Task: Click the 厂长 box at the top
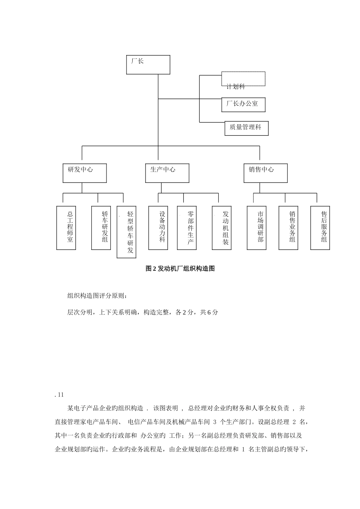click(148, 65)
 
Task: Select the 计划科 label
click(236, 87)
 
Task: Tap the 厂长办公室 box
click(243, 105)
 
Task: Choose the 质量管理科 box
click(246, 128)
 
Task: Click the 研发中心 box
click(85, 173)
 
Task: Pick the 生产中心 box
click(167, 173)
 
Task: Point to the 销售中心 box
click(265, 173)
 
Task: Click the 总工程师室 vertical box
click(66, 228)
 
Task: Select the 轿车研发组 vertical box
click(101, 228)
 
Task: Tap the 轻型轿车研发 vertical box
click(127, 232)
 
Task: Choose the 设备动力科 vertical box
click(158, 228)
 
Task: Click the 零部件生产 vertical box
click(187, 228)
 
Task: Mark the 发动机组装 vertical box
click(222, 228)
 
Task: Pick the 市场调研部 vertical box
click(257, 228)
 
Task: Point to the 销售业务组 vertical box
click(288, 228)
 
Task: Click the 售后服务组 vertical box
click(320, 228)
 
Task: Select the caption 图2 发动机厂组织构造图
click(180, 269)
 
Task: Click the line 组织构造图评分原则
click(97, 296)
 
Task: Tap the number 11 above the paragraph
click(60, 395)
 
